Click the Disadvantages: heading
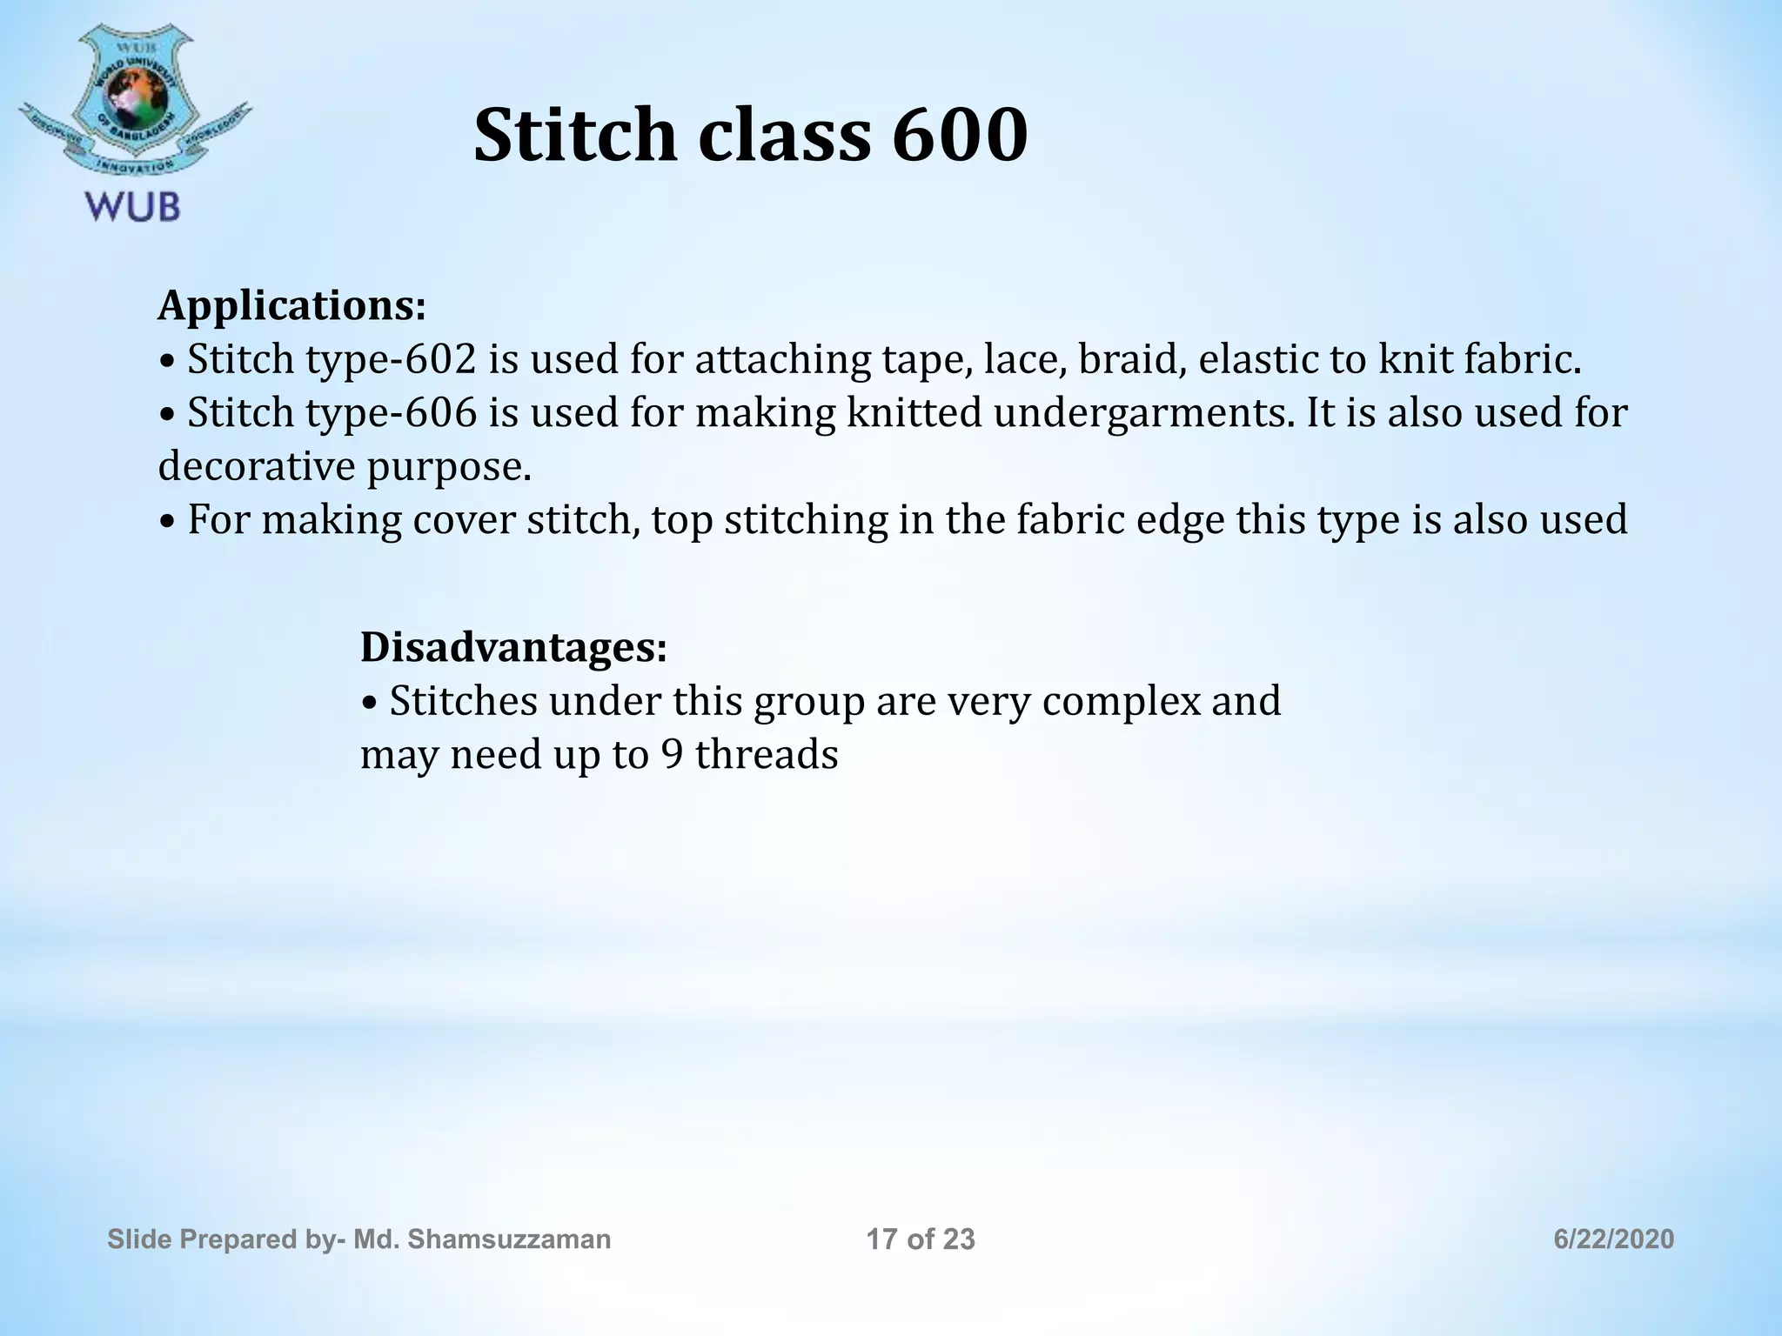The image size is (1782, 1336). (x=513, y=647)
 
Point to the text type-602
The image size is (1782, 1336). (x=391, y=360)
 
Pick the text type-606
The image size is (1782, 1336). (x=391, y=413)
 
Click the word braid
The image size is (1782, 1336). (x=1132, y=360)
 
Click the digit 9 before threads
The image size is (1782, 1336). (x=672, y=755)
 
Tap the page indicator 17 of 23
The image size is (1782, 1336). (x=921, y=1239)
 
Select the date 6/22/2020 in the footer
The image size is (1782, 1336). (x=1614, y=1239)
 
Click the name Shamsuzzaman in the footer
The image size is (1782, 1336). (x=509, y=1239)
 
